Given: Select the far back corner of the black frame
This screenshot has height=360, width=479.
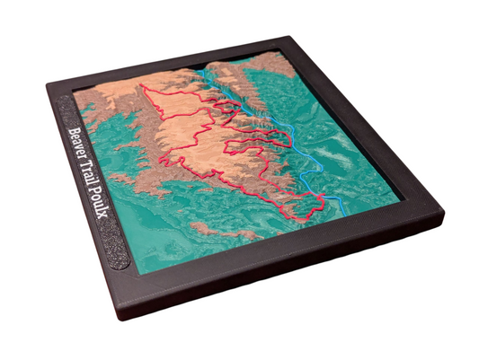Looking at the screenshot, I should pos(290,39).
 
